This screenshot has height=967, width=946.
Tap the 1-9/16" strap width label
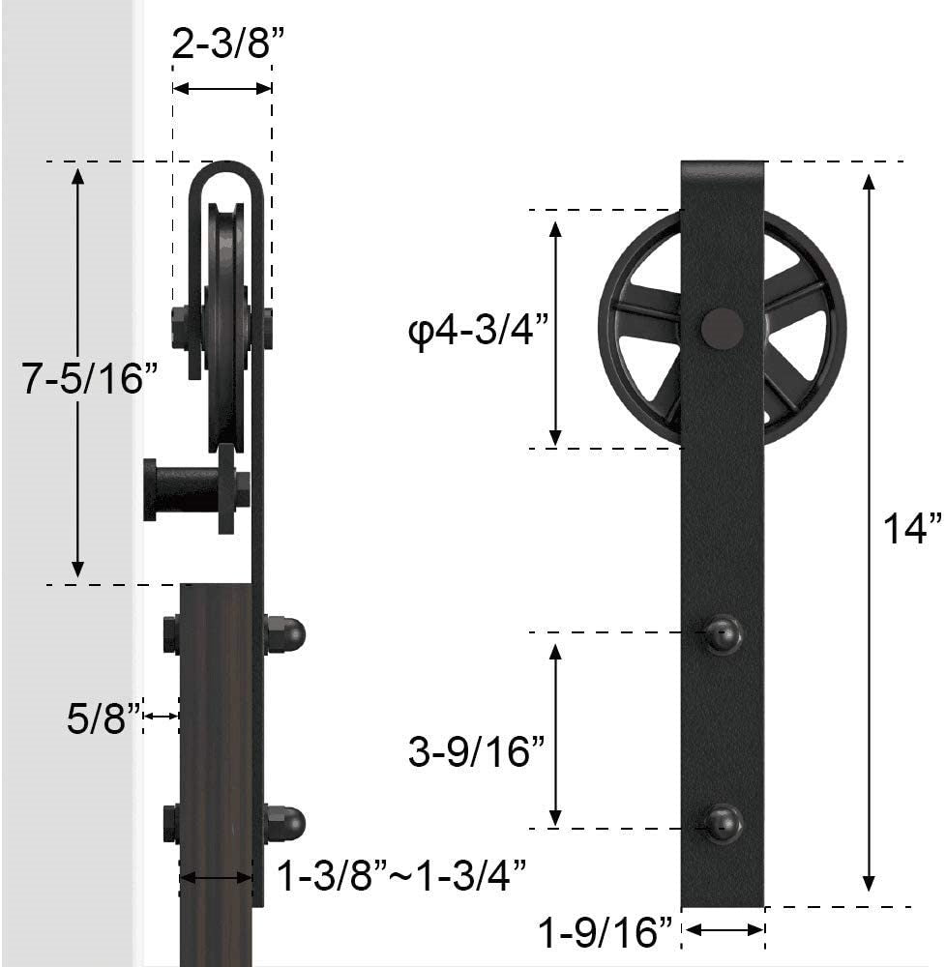pyautogui.click(x=606, y=933)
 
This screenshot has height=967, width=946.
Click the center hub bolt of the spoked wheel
pyautogui.click(x=723, y=328)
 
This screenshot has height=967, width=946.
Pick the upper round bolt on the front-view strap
pyautogui.click(x=723, y=634)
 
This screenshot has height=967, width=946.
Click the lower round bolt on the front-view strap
pyautogui.click(x=723, y=823)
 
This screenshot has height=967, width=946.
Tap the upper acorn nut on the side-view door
pyautogui.click(x=286, y=634)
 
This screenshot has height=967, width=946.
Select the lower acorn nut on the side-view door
pyautogui.click(x=286, y=823)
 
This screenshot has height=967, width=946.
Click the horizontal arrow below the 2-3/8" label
pyautogui.click(x=222, y=88)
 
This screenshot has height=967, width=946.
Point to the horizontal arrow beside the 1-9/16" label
pyautogui.click(x=724, y=930)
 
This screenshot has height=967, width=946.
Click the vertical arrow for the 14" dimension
pyautogui.click(x=869, y=533)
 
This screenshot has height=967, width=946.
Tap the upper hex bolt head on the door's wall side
pyautogui.click(x=171, y=634)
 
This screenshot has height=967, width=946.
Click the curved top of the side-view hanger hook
pyautogui.click(x=224, y=172)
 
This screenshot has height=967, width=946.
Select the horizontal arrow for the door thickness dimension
pyautogui.click(x=217, y=878)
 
